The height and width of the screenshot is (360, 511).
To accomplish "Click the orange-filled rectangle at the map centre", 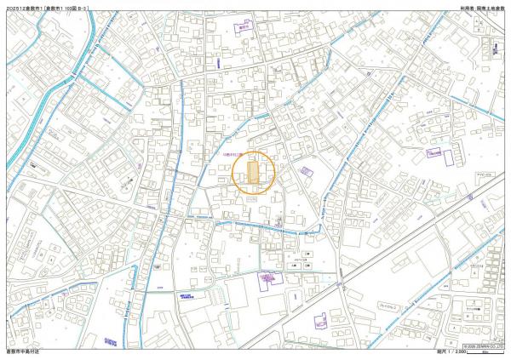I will coord(254,174).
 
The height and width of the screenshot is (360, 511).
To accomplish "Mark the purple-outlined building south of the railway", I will coord(321,321).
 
